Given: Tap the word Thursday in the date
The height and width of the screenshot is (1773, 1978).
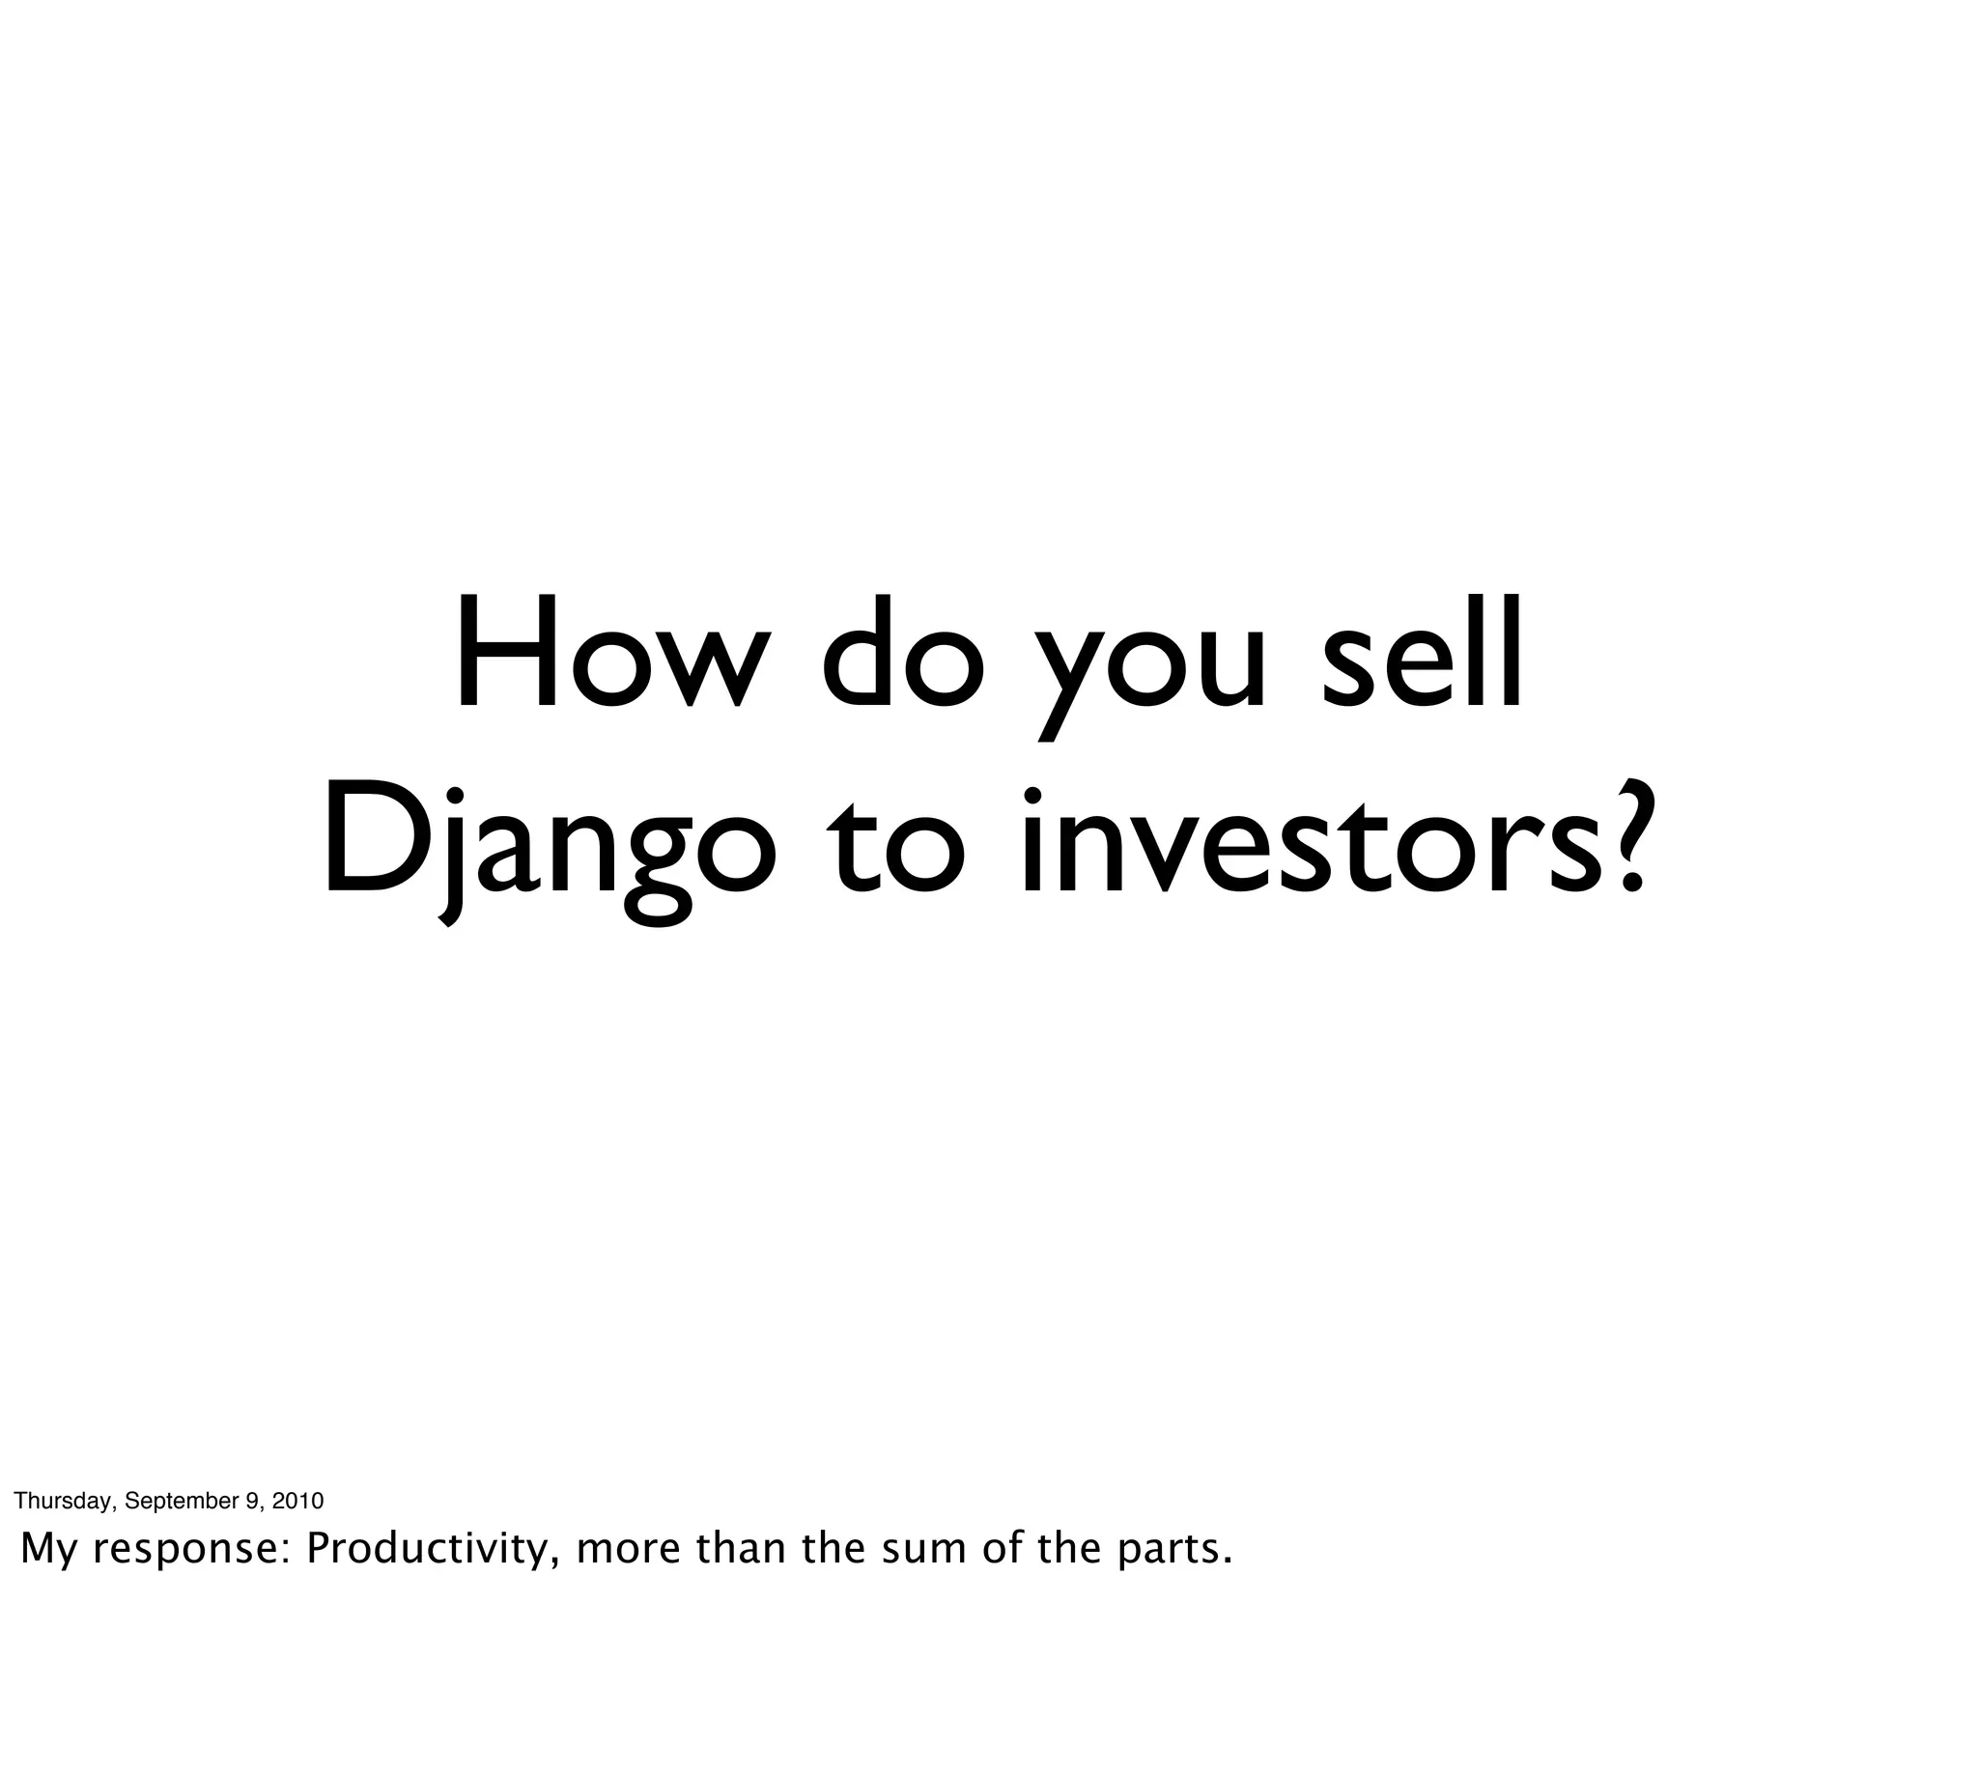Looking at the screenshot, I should (64, 1501).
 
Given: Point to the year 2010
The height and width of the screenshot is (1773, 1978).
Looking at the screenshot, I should (297, 1501).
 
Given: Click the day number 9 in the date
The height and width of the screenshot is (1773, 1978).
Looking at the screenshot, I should (251, 1501).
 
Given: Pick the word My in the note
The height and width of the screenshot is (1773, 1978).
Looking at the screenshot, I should (47, 1549).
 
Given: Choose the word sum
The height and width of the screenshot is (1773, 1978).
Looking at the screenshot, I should (924, 1549).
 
